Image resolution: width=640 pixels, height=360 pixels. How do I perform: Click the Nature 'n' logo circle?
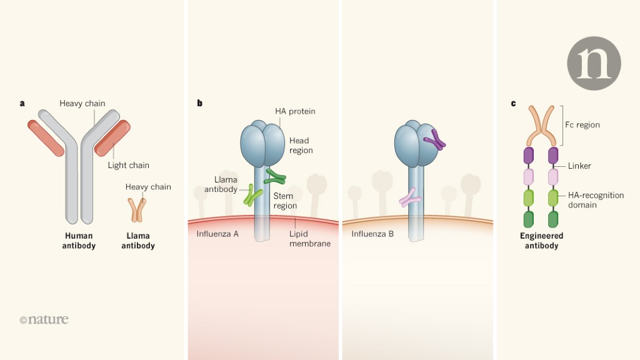tap(594, 63)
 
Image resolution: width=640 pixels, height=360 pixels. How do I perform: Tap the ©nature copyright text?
tap(44, 319)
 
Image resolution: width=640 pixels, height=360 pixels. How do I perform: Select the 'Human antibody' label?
tap(79, 241)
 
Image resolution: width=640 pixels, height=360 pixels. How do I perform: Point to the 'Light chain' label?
tap(128, 165)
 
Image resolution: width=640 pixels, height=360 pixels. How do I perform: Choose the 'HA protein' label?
tap(295, 111)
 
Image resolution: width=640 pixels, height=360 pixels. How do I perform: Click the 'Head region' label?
tap(301, 146)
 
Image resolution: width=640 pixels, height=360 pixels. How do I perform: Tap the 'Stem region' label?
tap(285, 201)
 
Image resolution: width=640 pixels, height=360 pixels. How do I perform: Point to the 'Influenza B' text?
tap(372, 234)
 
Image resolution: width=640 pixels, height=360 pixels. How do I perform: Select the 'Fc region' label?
tap(582, 125)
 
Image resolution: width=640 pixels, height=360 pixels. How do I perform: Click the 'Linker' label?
tap(579, 166)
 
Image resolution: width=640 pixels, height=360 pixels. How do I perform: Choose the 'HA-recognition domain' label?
tap(595, 200)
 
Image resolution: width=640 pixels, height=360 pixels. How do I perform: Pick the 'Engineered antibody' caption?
tap(541, 241)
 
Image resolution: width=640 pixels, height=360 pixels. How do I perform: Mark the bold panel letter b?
tap(200, 103)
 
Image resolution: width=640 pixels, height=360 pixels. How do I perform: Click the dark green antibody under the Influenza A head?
tap(275, 177)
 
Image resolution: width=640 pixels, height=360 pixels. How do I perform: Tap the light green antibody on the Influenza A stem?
tap(253, 195)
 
